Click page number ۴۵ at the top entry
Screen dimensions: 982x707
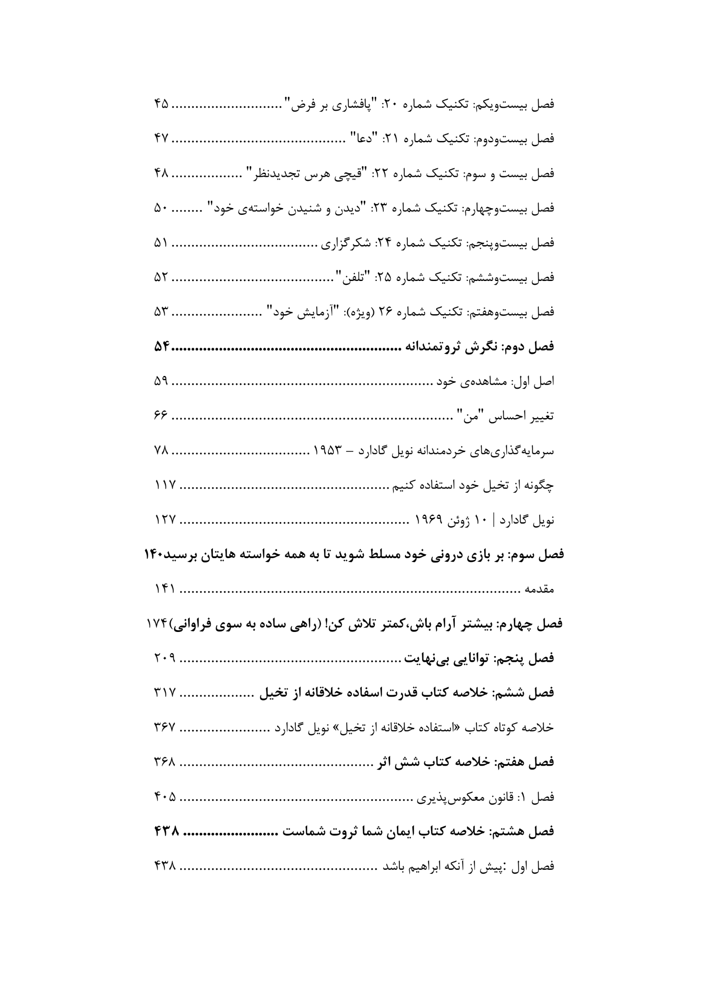(161, 104)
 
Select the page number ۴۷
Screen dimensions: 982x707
(161, 139)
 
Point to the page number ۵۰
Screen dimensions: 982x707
(161, 208)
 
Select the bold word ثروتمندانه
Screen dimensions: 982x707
(431, 347)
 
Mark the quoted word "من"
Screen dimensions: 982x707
(467, 416)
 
